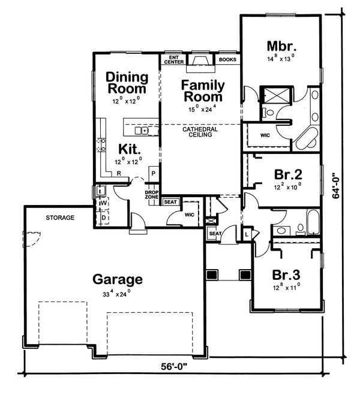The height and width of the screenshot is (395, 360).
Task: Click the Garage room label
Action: click(118, 279)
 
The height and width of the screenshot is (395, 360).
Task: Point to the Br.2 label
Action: click(287, 174)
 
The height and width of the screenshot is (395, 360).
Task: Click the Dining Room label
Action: click(127, 83)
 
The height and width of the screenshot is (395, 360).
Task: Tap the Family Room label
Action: click(202, 91)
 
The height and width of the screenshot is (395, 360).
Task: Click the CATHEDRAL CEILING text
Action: click(200, 132)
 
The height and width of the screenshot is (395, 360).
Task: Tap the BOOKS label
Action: click(227, 60)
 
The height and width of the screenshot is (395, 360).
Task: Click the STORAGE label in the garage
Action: click(60, 218)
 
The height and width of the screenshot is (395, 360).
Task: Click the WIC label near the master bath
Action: click(265, 135)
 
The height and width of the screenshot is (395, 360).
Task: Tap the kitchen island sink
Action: click(142, 130)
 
